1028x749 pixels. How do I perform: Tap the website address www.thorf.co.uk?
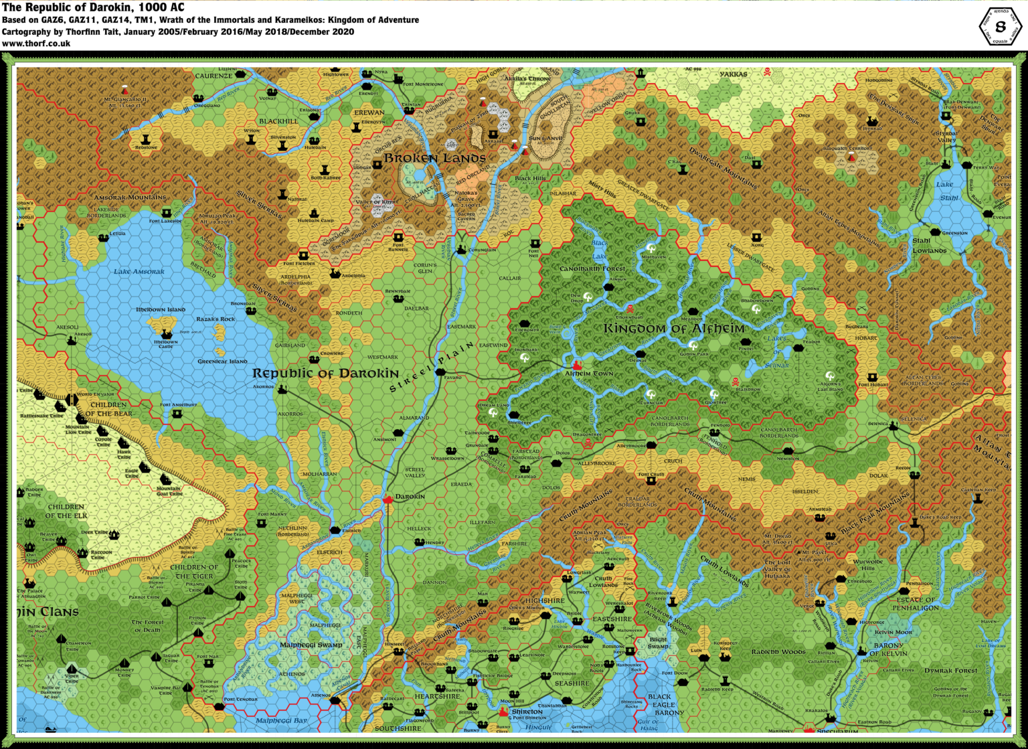36,44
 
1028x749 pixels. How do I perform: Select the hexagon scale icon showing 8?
1000,27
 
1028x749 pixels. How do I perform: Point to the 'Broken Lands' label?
434,158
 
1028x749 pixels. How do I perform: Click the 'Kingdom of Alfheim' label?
674,329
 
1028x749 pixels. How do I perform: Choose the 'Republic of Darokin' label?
325,373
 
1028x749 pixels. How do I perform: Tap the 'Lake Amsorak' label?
139,272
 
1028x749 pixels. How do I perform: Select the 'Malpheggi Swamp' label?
311,645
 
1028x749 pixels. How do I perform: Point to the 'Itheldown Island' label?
160,310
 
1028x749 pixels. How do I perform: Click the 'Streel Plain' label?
432,367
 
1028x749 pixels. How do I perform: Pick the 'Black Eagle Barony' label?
659,704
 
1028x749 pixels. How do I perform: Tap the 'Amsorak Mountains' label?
130,197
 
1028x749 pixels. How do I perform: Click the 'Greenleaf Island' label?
222,361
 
